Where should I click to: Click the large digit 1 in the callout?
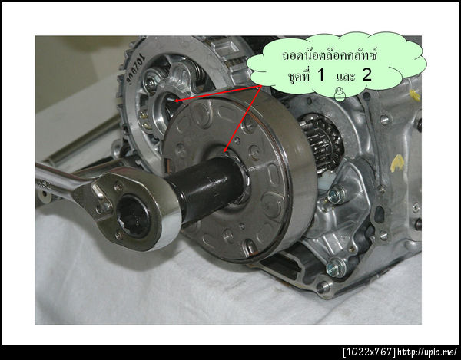[x=321, y=75]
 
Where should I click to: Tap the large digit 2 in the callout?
[x=366, y=75]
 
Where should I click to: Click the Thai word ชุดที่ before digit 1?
[x=297, y=76]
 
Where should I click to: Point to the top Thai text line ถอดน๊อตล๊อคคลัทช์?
[x=330, y=55]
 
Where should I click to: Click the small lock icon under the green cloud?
[x=340, y=94]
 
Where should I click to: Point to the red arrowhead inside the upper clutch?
[x=177, y=101]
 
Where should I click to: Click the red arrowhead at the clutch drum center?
[x=225, y=150]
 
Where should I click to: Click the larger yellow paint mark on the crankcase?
[x=398, y=163]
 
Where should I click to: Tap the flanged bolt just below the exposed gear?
[x=336, y=195]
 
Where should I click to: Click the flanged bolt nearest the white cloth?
[x=336, y=267]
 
